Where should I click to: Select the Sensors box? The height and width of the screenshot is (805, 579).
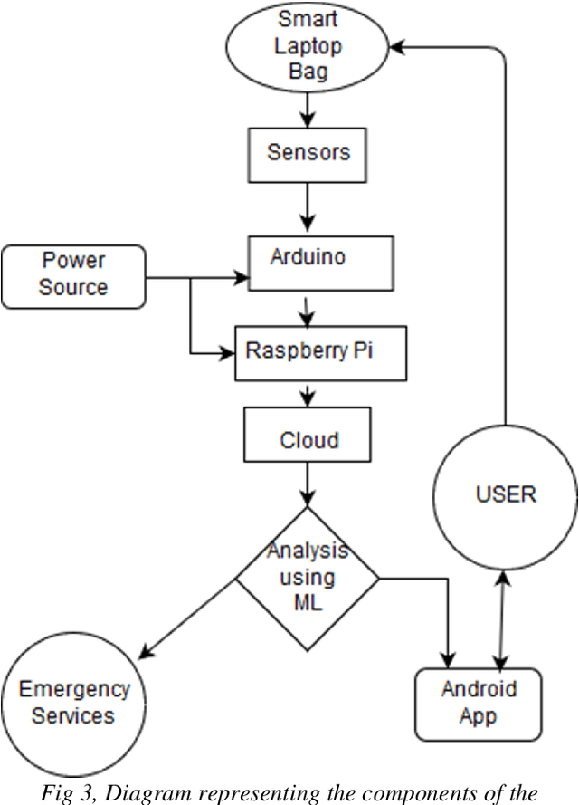click(308, 152)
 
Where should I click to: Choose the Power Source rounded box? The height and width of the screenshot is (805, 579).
click(73, 275)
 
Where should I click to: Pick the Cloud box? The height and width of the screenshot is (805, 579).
click(308, 440)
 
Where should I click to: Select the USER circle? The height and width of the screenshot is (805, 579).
click(505, 494)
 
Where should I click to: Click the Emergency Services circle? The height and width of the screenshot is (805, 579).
click(74, 702)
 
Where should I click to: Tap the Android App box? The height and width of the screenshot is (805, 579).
click(478, 703)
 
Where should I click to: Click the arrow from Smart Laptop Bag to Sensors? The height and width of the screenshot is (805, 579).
click(308, 108)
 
